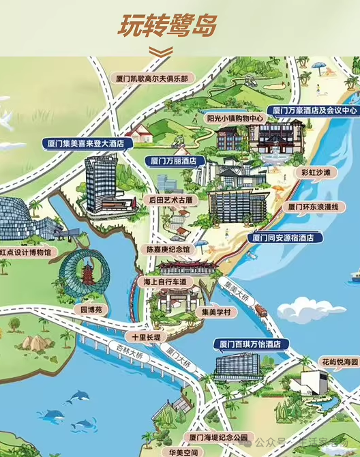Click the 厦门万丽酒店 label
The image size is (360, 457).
pos(174,162)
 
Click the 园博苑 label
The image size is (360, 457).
pos(91,309)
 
